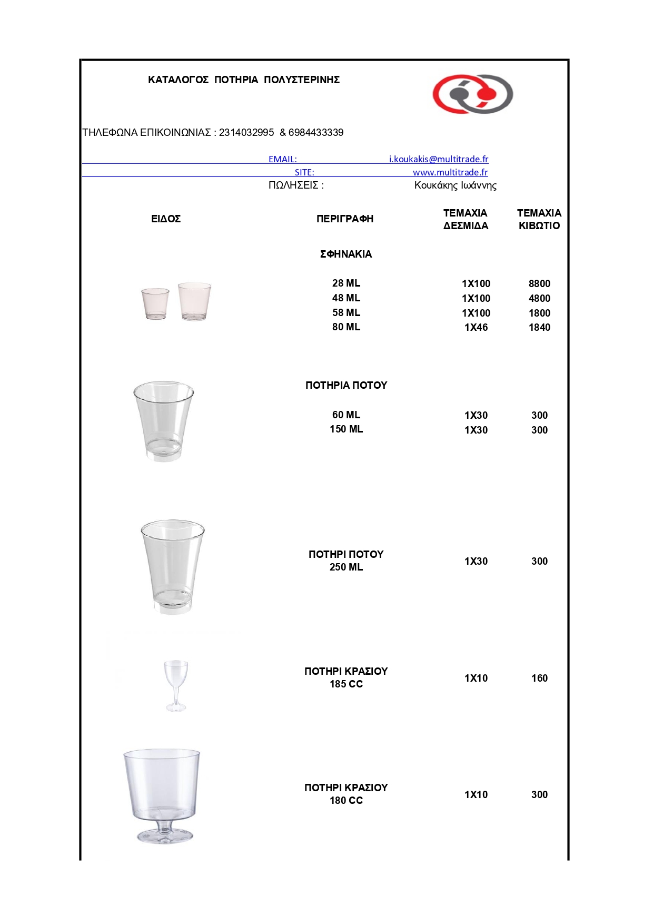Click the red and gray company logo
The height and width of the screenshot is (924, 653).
click(472, 94)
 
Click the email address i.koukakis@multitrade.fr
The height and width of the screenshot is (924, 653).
click(438, 159)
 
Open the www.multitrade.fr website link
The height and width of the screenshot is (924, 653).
click(450, 172)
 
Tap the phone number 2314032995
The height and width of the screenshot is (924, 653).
click(246, 133)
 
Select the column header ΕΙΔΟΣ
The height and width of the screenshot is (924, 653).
click(166, 219)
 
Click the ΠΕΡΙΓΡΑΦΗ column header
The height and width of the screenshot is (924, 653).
click(345, 219)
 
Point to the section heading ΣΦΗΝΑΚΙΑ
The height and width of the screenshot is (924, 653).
click(346, 254)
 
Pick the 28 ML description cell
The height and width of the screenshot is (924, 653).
click(346, 283)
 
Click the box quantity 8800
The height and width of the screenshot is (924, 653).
click(539, 284)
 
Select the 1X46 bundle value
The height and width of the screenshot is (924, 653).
click(476, 328)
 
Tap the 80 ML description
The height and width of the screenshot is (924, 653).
click(346, 327)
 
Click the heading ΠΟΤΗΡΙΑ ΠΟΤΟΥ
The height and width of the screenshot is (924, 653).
click(346, 386)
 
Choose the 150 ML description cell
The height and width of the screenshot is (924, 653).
click(346, 429)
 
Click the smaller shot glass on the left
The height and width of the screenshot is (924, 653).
click(155, 303)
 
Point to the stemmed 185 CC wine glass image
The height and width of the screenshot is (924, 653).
click(176, 685)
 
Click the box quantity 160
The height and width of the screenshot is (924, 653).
click(539, 679)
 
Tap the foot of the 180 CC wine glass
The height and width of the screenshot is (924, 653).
click(165, 835)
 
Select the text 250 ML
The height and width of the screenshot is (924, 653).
click(346, 567)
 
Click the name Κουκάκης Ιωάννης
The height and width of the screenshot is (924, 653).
click(455, 185)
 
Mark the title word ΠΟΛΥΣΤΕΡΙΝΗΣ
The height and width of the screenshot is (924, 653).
click(302, 80)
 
